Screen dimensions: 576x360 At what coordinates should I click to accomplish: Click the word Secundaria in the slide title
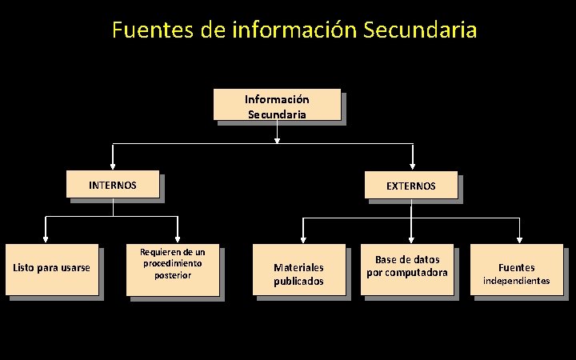pyautogui.click(x=420, y=30)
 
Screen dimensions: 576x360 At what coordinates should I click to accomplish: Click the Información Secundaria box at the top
pyautogui.click(x=277, y=104)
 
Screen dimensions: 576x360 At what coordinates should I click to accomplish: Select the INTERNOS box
pyautogui.click(x=113, y=185)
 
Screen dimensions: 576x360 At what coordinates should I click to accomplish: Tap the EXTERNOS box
pyautogui.click(x=411, y=185)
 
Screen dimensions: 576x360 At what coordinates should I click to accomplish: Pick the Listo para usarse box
pyautogui.click(x=52, y=269)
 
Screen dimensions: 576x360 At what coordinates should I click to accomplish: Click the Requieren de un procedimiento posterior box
pyautogui.click(x=174, y=269)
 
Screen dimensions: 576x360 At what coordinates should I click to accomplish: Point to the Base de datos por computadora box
pyautogui.click(x=407, y=269)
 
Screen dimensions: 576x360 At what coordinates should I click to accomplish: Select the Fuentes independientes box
pyautogui.click(x=517, y=270)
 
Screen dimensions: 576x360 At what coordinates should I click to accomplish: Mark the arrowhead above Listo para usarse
pyautogui.click(x=46, y=238)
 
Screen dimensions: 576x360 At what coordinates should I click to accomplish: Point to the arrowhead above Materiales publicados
pyautogui.click(x=302, y=238)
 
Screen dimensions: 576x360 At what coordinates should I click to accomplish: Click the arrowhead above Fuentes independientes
pyautogui.click(x=519, y=238)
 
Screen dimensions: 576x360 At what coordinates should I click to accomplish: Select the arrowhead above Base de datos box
pyautogui.click(x=410, y=238)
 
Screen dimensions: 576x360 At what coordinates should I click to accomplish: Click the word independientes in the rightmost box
pyautogui.click(x=517, y=281)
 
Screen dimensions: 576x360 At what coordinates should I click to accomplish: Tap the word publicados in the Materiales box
pyautogui.click(x=299, y=282)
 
